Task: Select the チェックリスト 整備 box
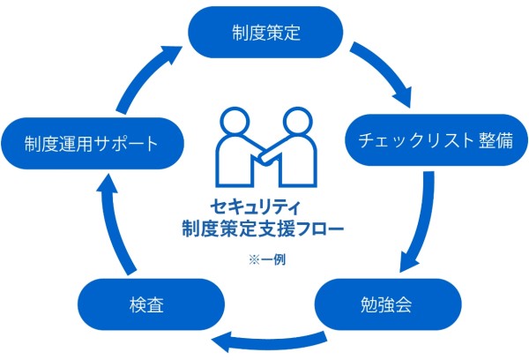coord(430,139)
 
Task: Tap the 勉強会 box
coord(388,304)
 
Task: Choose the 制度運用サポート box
coord(93,141)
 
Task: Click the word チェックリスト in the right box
coord(409,139)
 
